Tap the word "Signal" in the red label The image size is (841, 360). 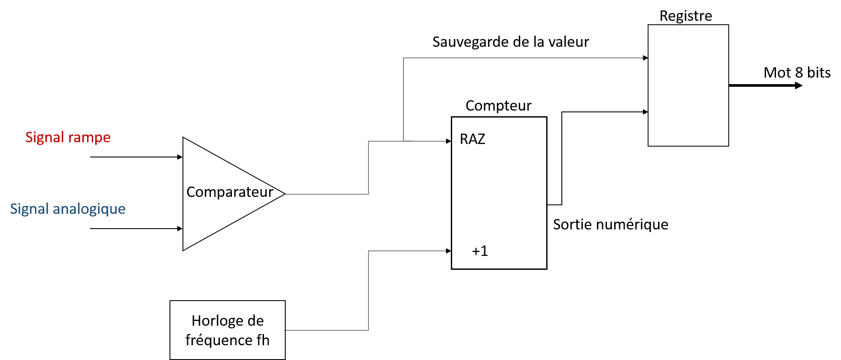tap(45, 137)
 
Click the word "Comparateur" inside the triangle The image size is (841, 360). tap(230, 192)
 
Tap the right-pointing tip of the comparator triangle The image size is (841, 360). tap(283, 193)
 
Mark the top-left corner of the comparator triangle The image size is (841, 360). tap(184, 139)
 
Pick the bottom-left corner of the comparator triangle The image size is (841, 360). tap(184, 249)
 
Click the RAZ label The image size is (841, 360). tap(472, 139)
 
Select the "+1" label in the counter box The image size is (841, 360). tap(480, 251)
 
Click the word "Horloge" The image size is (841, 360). tap(212, 321)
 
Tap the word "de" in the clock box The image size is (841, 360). tap(256, 321)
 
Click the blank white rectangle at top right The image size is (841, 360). tap(688, 85)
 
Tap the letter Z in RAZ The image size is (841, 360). tap(481, 139)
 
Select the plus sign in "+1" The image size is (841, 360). tap(476, 252)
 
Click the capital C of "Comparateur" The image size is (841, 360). tap(191, 192)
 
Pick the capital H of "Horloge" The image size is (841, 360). tap(196, 321)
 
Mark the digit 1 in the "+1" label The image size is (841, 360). tap(484, 251)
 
